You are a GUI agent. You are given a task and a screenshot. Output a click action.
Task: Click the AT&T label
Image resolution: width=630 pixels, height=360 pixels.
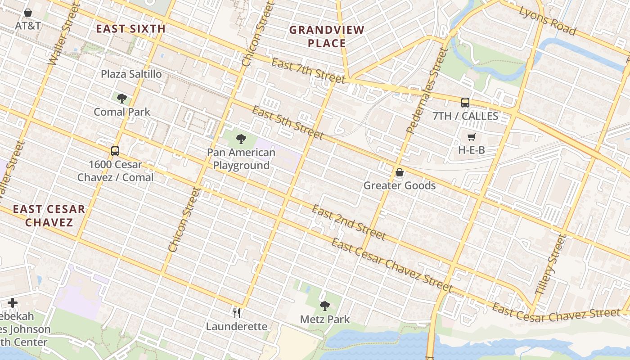[28, 25]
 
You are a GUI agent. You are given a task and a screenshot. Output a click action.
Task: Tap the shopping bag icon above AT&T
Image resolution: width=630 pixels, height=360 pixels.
[28, 13]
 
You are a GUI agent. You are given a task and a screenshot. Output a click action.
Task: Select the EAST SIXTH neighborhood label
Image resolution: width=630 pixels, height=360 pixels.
[131, 29]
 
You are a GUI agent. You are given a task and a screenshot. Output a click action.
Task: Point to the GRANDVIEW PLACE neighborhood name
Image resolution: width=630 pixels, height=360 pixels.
[327, 37]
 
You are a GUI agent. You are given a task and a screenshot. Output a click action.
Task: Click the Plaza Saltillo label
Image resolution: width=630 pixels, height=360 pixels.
[131, 74]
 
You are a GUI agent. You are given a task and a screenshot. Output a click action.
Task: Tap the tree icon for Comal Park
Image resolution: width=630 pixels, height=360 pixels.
[121, 98]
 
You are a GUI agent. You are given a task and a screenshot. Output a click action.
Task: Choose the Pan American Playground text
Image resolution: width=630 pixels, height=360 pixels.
[241, 159]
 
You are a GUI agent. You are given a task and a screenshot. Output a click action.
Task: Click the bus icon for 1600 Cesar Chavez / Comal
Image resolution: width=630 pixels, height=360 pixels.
[115, 151]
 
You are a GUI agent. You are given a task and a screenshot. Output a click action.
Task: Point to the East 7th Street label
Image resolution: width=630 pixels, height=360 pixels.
[308, 71]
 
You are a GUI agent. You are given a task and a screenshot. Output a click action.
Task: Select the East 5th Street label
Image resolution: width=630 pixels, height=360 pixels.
[288, 122]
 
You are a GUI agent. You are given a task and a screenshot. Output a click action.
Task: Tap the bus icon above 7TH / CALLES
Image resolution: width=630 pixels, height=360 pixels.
[465, 102]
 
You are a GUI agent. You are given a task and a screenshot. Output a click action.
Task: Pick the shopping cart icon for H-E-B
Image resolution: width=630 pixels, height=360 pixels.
[471, 137]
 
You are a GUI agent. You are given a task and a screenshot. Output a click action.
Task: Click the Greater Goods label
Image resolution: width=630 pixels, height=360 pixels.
[400, 185]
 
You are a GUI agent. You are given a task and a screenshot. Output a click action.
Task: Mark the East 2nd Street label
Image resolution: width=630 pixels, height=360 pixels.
[349, 222]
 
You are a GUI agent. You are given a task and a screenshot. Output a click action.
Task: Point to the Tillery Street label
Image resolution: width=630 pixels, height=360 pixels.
[549, 264]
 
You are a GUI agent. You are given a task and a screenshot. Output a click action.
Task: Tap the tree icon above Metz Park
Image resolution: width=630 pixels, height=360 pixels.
[325, 306]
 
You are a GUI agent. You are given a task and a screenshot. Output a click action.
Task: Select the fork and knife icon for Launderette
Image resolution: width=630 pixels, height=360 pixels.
[237, 313]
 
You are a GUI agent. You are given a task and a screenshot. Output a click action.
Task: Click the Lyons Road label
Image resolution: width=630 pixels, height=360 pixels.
[548, 21]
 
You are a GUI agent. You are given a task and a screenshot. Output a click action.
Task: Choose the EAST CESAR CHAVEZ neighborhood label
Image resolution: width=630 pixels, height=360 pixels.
[49, 216]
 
